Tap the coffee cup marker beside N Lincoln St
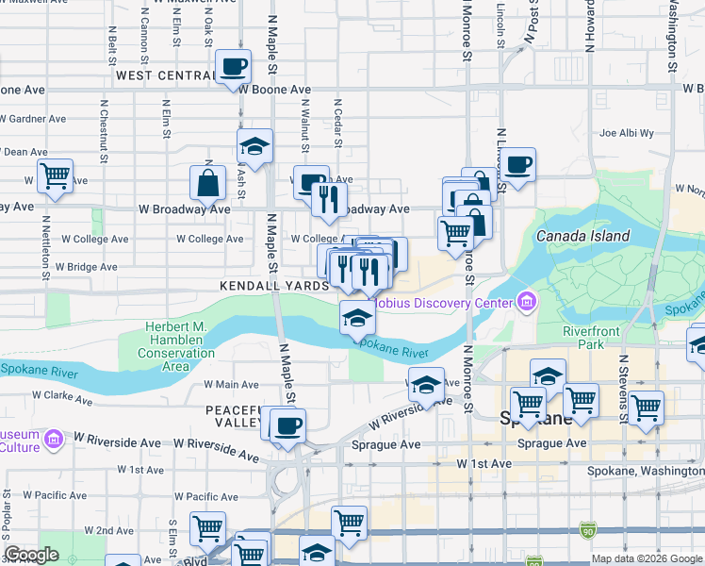pos(517,166)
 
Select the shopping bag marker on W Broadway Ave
pos(206,184)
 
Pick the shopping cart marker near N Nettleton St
pos(55,175)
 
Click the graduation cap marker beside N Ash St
pos(254,147)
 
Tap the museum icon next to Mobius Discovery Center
pos(526,303)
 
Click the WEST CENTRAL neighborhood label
pos(165,75)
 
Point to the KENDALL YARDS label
pos(272,285)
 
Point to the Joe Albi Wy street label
pos(626,133)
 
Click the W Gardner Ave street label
pos(33,119)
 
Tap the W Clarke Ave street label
pos(62,396)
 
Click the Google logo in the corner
pos(31,555)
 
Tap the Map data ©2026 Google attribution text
pos(646,558)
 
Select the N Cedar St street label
pos(336,123)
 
